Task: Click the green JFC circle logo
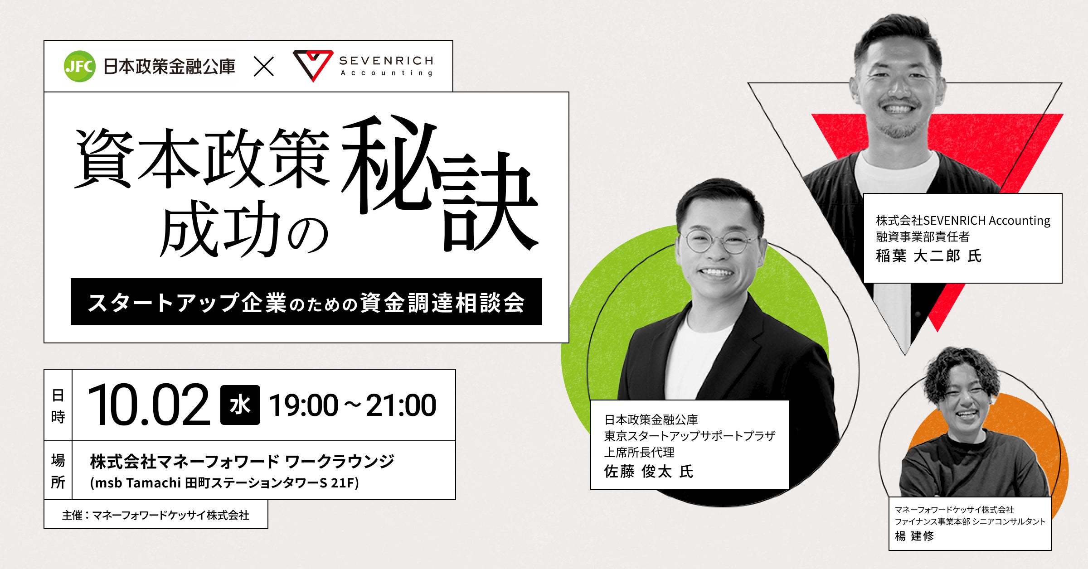(x=79, y=66)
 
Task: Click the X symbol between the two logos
(x=263, y=67)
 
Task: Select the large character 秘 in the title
(x=389, y=164)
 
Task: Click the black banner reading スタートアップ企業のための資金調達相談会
(x=306, y=302)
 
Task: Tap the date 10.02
(x=149, y=405)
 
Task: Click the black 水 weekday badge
(x=240, y=405)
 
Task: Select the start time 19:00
(x=303, y=405)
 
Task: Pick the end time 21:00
(x=401, y=405)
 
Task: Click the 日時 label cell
(x=58, y=405)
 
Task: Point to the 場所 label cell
(x=58, y=470)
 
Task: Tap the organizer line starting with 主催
(x=155, y=515)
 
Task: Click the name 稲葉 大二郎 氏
(x=928, y=256)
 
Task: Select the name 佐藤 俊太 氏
(x=649, y=472)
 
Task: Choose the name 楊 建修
(x=914, y=536)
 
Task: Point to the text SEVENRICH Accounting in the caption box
(x=987, y=221)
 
